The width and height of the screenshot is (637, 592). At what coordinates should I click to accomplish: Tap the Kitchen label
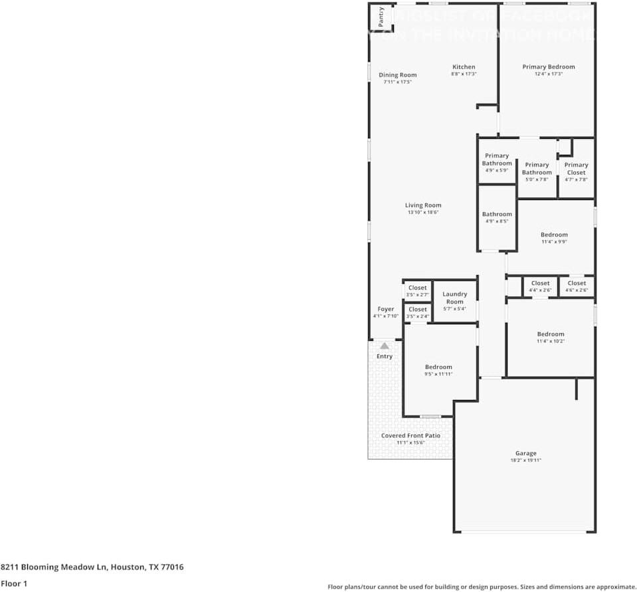click(464, 67)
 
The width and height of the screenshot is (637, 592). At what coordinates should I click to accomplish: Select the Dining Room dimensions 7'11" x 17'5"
click(397, 82)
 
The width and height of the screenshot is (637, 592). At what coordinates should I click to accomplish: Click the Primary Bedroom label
click(548, 67)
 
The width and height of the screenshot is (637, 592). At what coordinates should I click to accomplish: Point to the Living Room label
click(423, 205)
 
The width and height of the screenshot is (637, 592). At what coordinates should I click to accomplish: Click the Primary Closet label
click(576, 169)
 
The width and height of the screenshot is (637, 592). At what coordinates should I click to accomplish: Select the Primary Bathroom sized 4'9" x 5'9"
click(497, 159)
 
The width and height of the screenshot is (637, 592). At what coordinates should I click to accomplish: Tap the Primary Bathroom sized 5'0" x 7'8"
click(537, 169)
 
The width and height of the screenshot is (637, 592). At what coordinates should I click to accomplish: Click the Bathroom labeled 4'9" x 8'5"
click(497, 215)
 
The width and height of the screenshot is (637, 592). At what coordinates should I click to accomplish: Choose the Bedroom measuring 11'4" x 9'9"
click(554, 235)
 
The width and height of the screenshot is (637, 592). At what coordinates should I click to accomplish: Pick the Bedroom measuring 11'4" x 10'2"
click(551, 334)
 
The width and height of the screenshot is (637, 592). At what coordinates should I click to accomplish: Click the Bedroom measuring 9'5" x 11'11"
click(438, 367)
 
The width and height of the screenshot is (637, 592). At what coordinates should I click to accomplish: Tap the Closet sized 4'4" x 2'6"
click(540, 284)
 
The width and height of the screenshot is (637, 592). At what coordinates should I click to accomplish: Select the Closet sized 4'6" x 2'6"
click(577, 284)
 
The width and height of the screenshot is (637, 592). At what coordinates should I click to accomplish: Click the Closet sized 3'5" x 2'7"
click(418, 288)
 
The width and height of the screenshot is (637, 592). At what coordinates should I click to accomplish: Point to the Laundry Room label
click(455, 298)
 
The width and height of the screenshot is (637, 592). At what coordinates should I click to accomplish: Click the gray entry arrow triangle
click(385, 345)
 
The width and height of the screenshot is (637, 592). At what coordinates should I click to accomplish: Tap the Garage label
click(525, 454)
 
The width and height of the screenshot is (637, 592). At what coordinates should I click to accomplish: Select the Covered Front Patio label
click(410, 436)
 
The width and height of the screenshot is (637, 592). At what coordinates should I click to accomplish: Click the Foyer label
click(386, 309)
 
